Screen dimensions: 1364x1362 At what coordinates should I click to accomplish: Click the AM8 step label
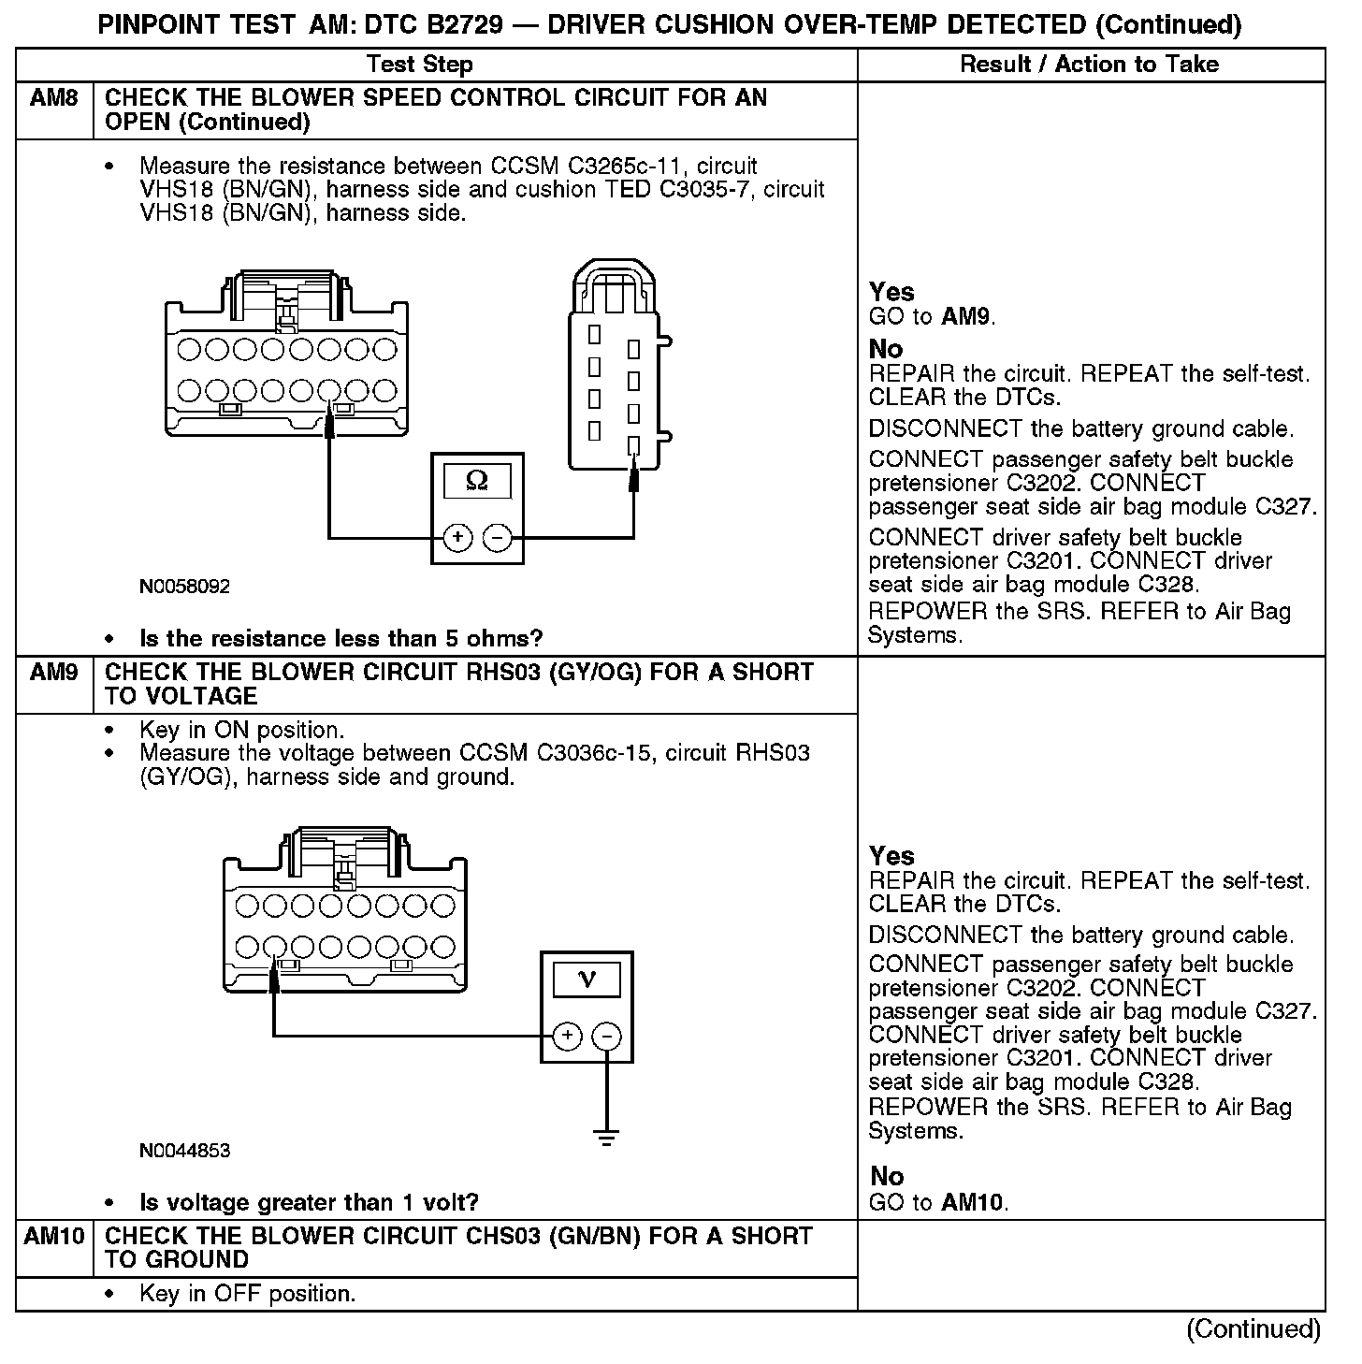click(x=53, y=98)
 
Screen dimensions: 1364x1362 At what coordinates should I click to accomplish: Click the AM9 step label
click(x=53, y=673)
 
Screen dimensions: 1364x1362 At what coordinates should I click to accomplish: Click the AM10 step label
click(x=53, y=1237)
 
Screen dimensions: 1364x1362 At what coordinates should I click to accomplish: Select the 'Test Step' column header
click(x=419, y=65)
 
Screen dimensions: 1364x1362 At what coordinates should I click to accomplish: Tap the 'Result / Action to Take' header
click(x=1090, y=65)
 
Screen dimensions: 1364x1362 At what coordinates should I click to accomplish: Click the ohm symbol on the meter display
click(x=477, y=481)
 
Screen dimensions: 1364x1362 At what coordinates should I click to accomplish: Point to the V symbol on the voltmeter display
click(x=587, y=979)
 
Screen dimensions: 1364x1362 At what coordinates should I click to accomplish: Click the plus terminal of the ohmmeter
click(x=457, y=538)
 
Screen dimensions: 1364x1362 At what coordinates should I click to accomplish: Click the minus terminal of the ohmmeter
click(x=497, y=538)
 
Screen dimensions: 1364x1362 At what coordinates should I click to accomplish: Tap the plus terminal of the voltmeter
click(x=567, y=1036)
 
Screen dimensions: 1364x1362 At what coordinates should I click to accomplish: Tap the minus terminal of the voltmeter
click(x=607, y=1036)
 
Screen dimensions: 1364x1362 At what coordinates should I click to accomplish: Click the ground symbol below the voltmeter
click(x=607, y=1138)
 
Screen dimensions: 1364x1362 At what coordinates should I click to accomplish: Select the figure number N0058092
click(x=184, y=587)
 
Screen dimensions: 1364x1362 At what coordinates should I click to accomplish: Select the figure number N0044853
click(x=184, y=1151)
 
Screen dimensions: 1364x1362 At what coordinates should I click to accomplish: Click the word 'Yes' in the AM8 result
click(x=891, y=292)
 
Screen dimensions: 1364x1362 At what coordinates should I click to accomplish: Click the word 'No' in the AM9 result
click(x=886, y=1176)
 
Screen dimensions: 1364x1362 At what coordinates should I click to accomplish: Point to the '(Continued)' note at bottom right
click(x=1253, y=1329)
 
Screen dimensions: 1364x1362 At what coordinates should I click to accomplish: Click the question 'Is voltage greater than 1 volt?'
click(x=309, y=1202)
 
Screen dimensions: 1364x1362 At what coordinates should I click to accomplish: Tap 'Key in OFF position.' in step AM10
click(x=247, y=1294)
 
